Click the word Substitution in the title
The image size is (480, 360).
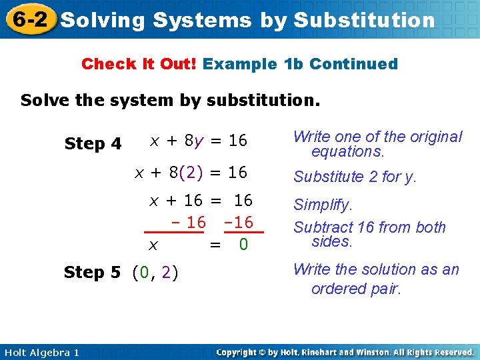click(364, 20)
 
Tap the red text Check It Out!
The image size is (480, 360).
click(139, 64)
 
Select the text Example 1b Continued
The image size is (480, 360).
click(300, 64)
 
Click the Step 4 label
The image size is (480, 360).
click(93, 143)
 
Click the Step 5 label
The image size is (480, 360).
click(92, 272)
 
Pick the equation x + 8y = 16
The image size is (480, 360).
click(198, 141)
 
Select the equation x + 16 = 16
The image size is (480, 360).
click(200, 201)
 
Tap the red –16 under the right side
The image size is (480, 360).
click(239, 222)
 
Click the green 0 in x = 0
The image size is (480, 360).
click(243, 245)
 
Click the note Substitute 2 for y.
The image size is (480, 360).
click(355, 177)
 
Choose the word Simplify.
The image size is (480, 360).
click(323, 205)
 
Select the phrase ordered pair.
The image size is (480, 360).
click(356, 289)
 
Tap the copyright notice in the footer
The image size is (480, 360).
click(345, 352)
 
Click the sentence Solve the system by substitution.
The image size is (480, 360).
click(171, 101)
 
